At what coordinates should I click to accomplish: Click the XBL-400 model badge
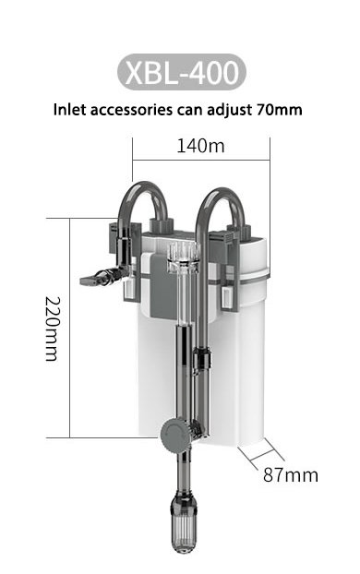tap(182, 72)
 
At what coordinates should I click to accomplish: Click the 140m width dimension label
tap(200, 146)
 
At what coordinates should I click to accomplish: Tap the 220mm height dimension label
tap(52, 329)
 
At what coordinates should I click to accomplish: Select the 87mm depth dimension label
tap(291, 474)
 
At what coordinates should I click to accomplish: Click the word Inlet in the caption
tap(70, 110)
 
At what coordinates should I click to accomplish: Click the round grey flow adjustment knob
tap(175, 435)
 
